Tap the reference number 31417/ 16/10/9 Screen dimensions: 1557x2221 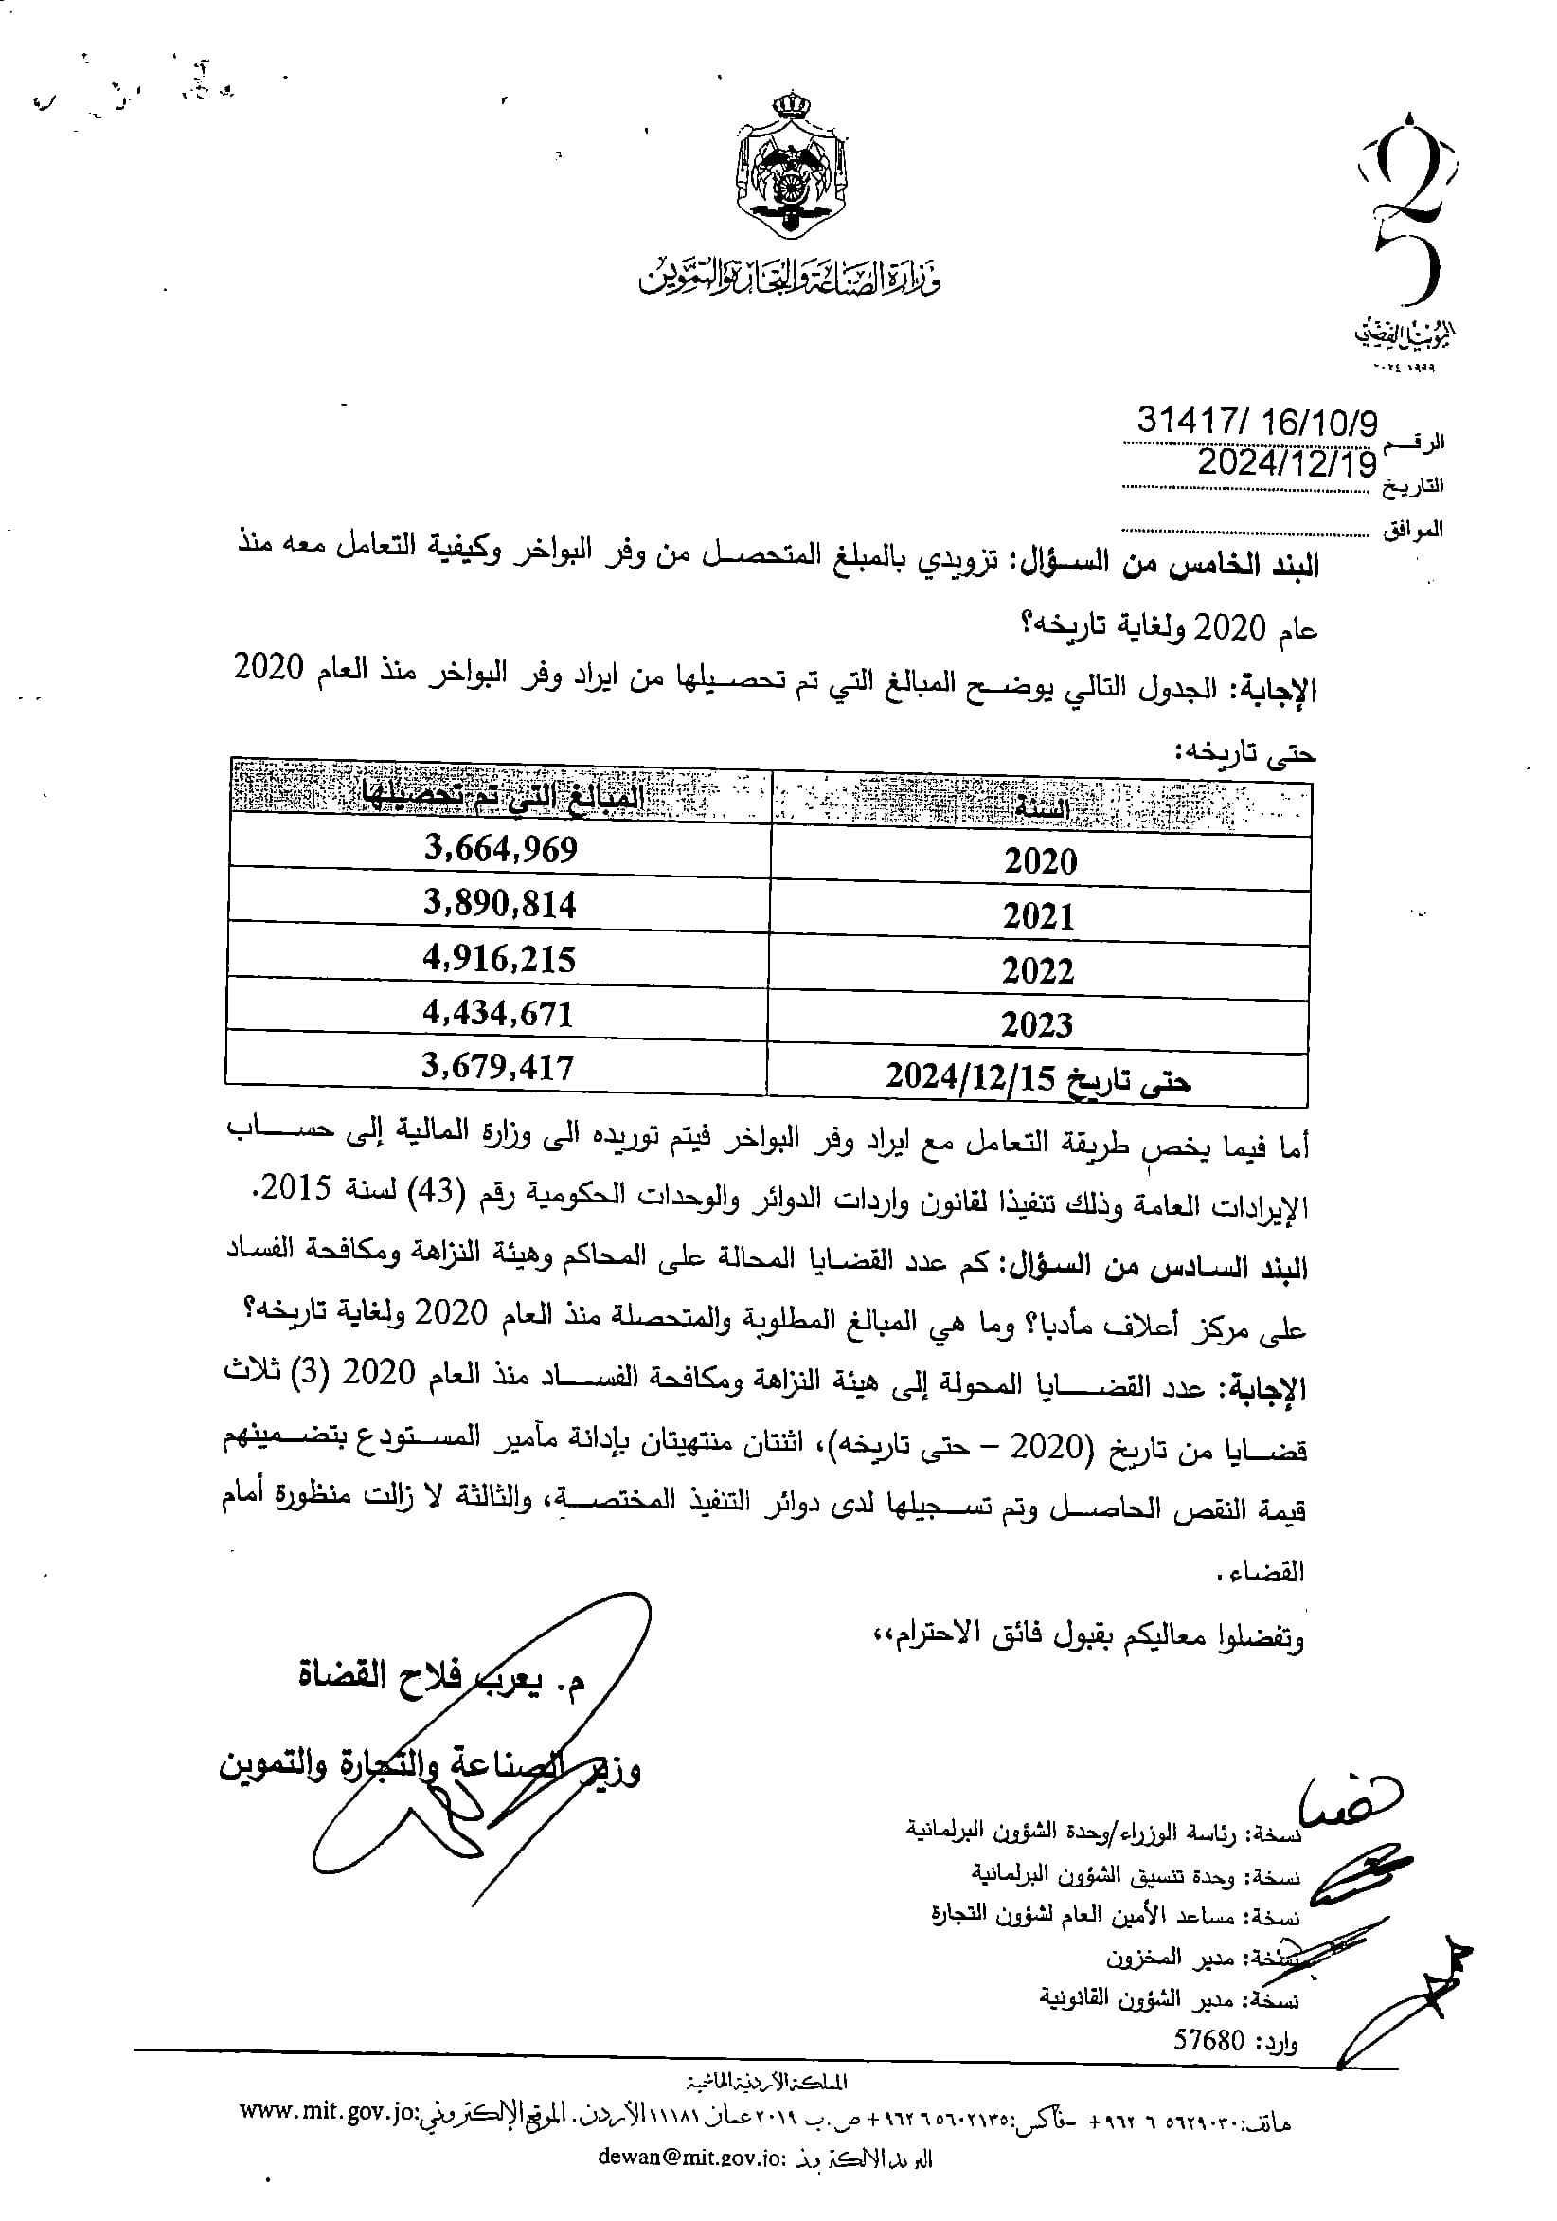click(1257, 421)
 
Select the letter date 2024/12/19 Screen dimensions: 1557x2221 click(1286, 464)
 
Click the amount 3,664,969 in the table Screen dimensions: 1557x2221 click(501, 849)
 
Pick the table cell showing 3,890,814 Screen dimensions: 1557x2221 click(500, 905)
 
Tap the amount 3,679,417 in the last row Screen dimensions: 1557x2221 click(498, 1068)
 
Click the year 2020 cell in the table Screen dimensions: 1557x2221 click(1040, 862)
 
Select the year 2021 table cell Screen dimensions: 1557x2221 click(1039, 916)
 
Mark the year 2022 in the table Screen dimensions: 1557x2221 click(1038, 971)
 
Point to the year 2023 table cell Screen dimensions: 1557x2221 click(1037, 1025)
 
